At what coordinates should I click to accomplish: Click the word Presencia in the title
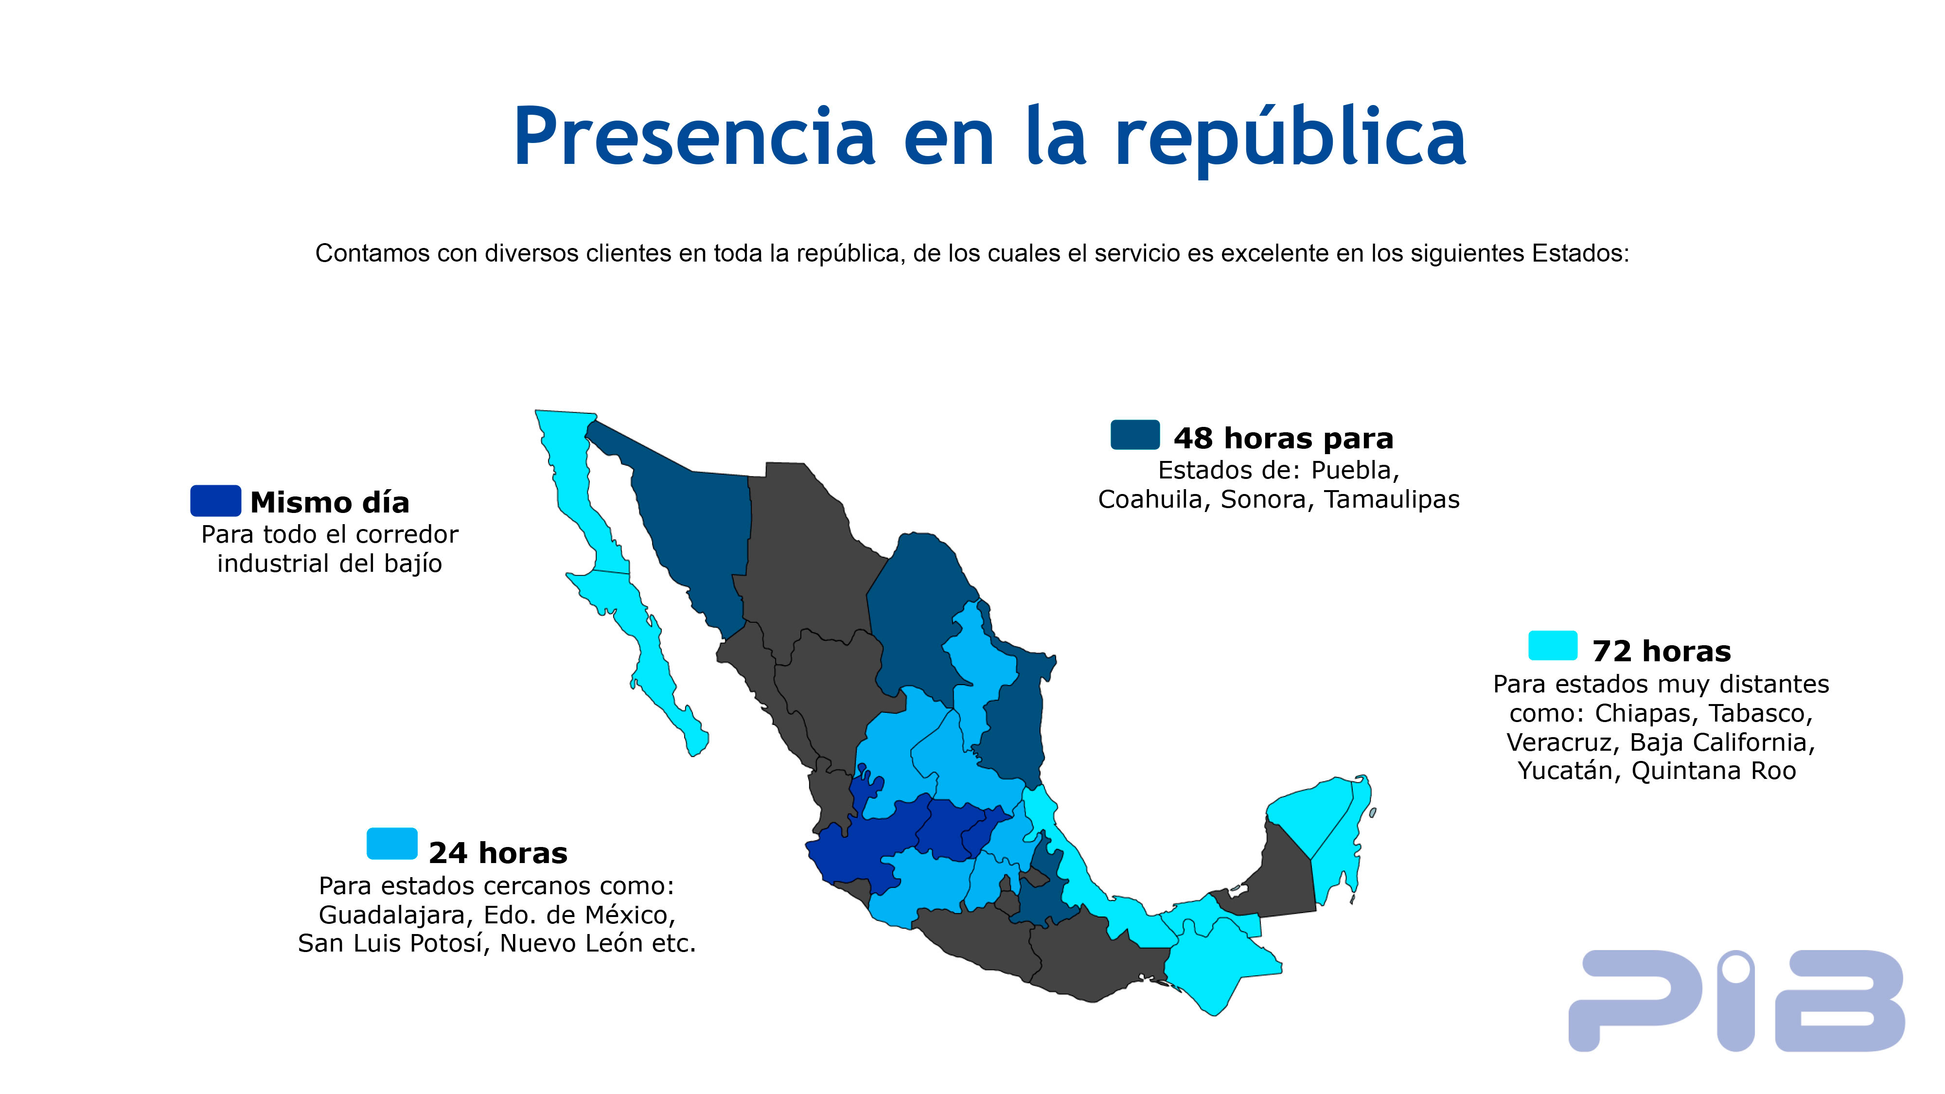coord(695,138)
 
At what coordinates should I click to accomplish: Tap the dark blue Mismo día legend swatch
coord(215,501)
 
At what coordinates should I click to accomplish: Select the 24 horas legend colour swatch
coord(392,843)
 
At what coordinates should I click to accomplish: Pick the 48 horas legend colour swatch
coord(1135,435)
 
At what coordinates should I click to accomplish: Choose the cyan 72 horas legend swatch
coord(1553,646)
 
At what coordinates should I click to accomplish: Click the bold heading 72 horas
coord(1661,651)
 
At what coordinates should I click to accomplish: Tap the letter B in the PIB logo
coord(1839,1000)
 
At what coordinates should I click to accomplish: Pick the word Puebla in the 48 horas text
coord(1355,470)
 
